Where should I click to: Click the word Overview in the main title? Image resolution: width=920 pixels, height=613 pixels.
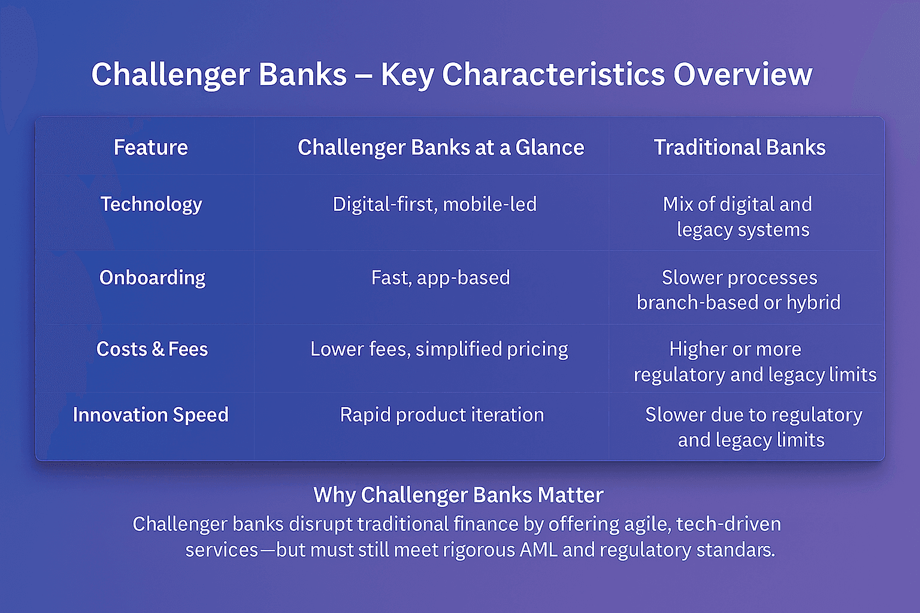743,75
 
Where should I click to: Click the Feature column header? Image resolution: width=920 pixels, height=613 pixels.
151,147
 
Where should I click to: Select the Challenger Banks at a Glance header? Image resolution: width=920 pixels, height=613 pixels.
441,147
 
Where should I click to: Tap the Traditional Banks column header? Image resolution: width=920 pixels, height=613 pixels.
739,147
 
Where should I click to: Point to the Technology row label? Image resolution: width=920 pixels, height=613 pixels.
151,204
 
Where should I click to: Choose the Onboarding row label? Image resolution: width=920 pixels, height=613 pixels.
152,278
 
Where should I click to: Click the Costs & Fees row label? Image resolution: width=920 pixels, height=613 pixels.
152,349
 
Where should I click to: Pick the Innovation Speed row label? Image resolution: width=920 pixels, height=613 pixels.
150,415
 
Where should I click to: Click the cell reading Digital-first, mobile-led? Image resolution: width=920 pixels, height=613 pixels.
434,204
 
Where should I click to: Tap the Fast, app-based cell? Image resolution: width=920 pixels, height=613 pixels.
440,278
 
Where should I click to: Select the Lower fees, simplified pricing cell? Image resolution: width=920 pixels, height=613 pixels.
439,349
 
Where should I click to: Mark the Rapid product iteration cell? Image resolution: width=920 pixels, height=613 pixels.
441,415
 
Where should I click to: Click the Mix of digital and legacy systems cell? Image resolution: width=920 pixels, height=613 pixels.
738,217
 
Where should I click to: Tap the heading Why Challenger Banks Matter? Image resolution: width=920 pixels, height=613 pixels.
458,495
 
